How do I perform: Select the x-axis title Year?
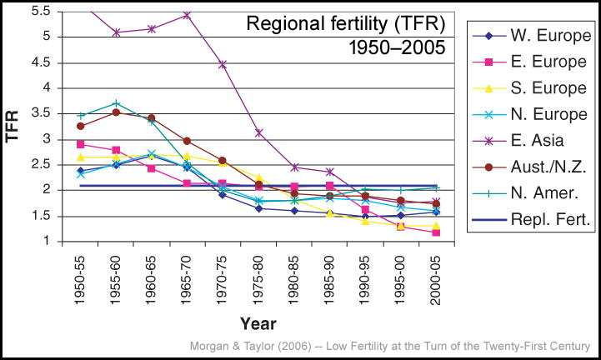point(258,322)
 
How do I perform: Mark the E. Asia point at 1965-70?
point(187,15)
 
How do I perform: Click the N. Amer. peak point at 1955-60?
point(116,103)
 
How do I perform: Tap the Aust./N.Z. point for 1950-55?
point(80,126)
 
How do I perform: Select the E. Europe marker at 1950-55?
point(80,144)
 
